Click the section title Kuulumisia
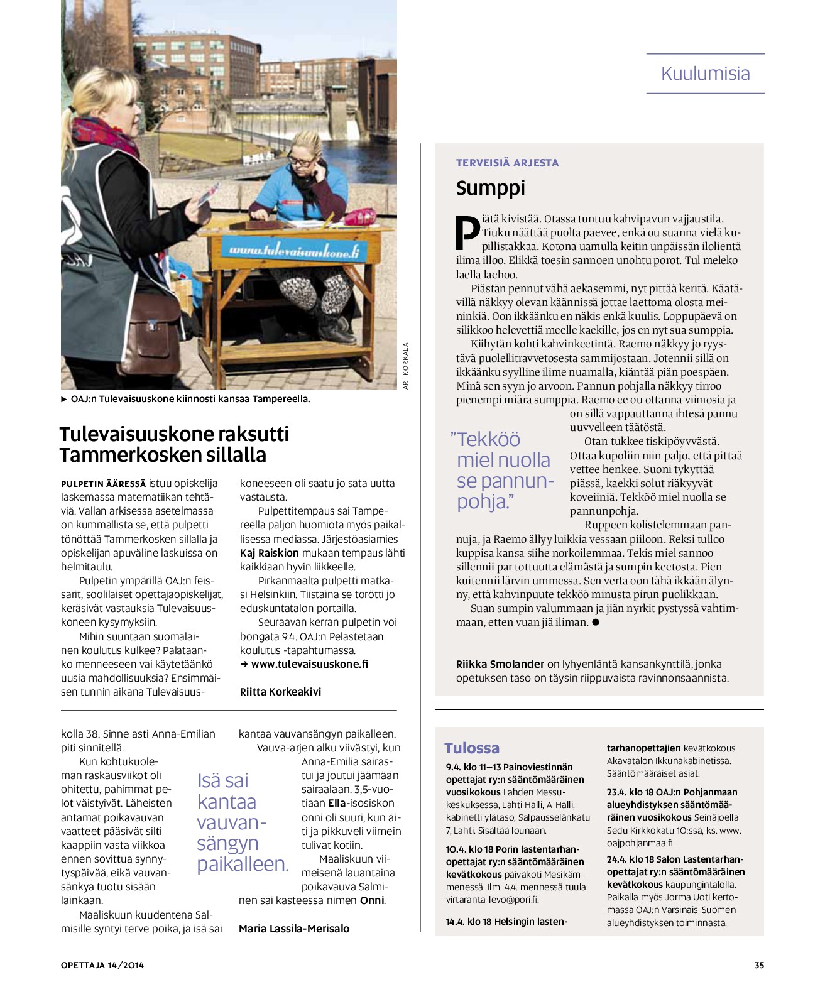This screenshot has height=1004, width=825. pos(705,74)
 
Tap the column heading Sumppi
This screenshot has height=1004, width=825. pos(490,188)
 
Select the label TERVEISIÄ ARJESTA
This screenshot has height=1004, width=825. pos(507,163)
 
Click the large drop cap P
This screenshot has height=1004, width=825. pos(467,232)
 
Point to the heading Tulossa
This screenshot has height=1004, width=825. pos(471,748)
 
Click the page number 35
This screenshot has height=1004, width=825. pos(759,965)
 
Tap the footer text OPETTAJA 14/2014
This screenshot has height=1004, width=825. pos(102,965)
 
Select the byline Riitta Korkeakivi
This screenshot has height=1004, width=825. pos(280,692)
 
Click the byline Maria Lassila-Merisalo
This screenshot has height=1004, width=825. pos(293,929)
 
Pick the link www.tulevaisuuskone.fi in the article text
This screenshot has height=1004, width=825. pos(309,664)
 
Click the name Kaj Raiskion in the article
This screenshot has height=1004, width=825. pos(270,553)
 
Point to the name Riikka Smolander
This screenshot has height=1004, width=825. pos(500,664)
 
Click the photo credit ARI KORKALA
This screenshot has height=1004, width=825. pos(406,365)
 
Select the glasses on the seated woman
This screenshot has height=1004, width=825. pos(301,161)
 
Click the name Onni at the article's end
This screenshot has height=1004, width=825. pos(371,900)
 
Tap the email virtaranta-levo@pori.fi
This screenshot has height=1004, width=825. pos(492,900)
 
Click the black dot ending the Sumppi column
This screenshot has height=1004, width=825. pos(596,622)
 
